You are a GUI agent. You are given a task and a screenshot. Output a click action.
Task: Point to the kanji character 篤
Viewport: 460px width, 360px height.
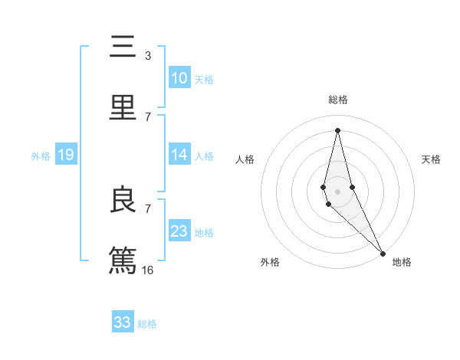tap(123, 258)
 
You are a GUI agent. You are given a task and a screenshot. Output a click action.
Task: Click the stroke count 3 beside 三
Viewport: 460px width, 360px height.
tap(147, 56)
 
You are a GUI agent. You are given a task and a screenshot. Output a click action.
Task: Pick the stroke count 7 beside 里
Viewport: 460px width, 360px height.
tap(147, 116)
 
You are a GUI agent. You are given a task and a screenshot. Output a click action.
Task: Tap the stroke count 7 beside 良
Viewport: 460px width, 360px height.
tap(147, 208)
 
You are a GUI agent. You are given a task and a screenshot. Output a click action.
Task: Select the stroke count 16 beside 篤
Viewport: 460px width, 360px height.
tap(148, 270)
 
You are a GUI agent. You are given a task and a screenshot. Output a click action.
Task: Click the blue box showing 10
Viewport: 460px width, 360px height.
tap(179, 78)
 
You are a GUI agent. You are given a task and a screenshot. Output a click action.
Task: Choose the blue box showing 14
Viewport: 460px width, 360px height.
tap(179, 155)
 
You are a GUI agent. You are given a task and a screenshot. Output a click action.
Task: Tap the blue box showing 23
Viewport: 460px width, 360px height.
tap(179, 231)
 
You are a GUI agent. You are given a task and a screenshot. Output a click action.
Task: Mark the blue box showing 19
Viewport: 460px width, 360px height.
tap(65, 155)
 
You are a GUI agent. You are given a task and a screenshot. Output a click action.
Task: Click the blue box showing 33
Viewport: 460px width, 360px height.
tap(123, 322)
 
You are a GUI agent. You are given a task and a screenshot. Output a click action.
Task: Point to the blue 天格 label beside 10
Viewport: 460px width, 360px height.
tap(204, 80)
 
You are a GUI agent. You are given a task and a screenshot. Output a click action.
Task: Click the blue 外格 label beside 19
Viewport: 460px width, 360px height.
tap(41, 156)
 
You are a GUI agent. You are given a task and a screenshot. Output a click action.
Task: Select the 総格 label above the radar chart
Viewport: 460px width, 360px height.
tap(338, 100)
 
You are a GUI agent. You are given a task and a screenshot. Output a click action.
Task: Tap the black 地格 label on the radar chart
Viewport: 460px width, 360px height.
tap(402, 262)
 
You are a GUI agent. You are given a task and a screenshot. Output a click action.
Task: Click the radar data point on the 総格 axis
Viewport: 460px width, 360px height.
tap(337, 130)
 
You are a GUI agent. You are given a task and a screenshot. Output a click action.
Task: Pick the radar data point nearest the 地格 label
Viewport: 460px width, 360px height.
tap(383, 252)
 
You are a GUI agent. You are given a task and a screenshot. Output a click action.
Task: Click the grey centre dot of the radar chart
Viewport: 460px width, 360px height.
tap(337, 191)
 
